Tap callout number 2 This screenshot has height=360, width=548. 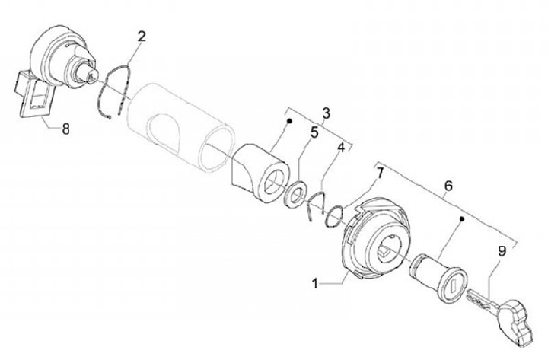click(142, 36)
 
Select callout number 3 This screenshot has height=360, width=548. click(326, 113)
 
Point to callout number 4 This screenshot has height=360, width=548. click(342, 147)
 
